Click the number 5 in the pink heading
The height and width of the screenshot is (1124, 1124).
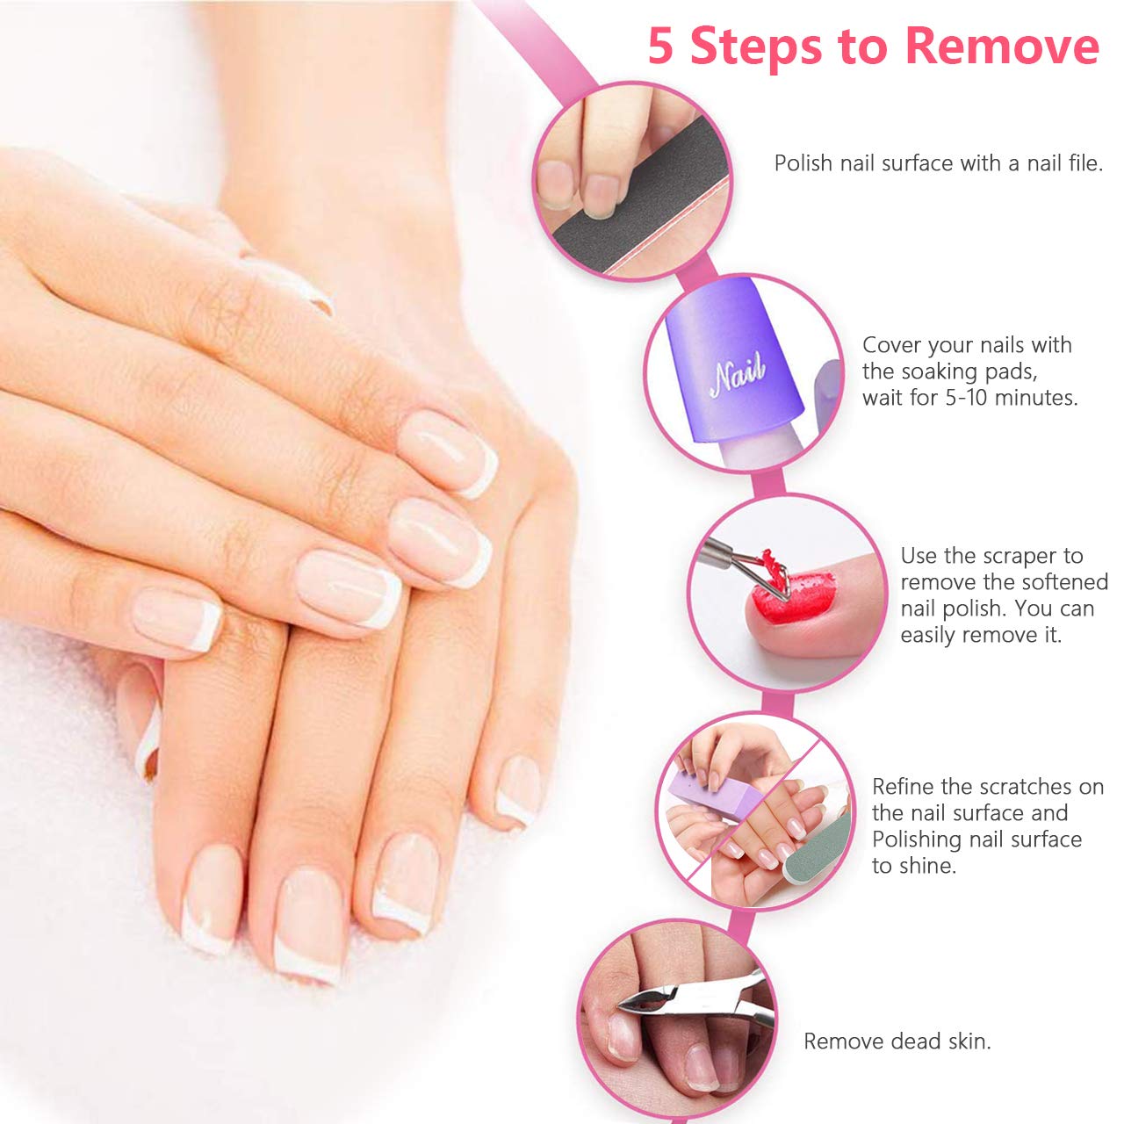[660, 47]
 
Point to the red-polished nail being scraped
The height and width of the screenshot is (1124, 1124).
[796, 598]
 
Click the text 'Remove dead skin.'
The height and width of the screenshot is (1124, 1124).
[897, 1041]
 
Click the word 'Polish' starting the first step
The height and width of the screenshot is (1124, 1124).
[803, 163]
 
